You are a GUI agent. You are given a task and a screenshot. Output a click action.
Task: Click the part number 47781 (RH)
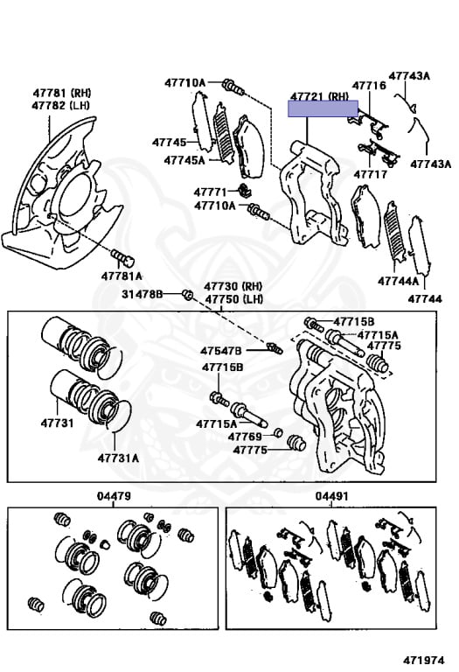click(62, 93)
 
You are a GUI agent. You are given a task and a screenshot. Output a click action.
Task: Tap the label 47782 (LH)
click(61, 105)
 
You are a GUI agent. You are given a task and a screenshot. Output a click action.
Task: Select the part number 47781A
click(122, 276)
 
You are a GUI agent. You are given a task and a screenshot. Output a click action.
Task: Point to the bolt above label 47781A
click(123, 257)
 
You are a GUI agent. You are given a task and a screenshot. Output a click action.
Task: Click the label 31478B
click(143, 294)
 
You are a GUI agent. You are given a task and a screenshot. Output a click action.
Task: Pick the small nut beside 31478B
click(187, 294)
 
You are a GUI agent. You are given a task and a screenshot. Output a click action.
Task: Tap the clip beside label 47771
click(245, 190)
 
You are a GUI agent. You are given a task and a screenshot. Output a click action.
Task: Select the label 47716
click(369, 85)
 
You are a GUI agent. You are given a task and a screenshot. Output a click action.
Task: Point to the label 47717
click(371, 174)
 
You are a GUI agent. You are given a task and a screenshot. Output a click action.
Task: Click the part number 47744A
click(398, 281)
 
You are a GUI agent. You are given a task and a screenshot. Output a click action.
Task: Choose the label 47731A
click(118, 458)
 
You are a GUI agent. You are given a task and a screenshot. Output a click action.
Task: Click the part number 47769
click(245, 437)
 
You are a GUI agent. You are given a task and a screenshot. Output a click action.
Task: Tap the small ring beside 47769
click(278, 432)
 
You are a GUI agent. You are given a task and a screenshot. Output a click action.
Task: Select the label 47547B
click(221, 351)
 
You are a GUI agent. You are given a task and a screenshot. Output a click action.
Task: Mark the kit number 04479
click(114, 496)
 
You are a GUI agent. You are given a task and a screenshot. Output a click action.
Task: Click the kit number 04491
click(332, 496)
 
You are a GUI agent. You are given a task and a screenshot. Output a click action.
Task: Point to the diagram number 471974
click(423, 660)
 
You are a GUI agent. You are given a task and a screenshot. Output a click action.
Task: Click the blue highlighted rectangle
click(323, 108)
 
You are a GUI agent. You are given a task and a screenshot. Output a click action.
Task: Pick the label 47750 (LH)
click(233, 298)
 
